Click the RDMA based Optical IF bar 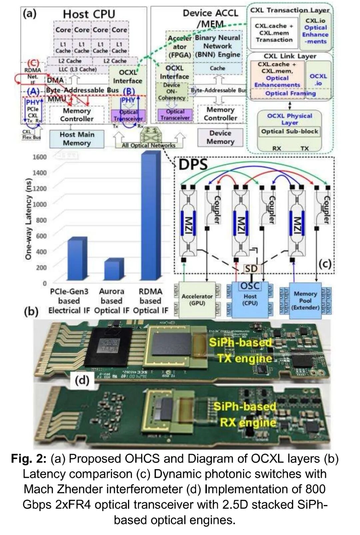pos(151,217)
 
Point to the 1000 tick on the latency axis pos(40,204)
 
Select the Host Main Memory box pos(77,139)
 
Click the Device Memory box pos(220,137)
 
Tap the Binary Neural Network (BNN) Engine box pos(217,46)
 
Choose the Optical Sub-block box pos(289,131)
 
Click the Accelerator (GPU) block pos(197,299)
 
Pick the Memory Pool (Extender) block pos(305,300)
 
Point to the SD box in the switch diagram pos(251,268)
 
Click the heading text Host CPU pos(89,14)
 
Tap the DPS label pos(193,165)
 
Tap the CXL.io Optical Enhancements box pos(315,31)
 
